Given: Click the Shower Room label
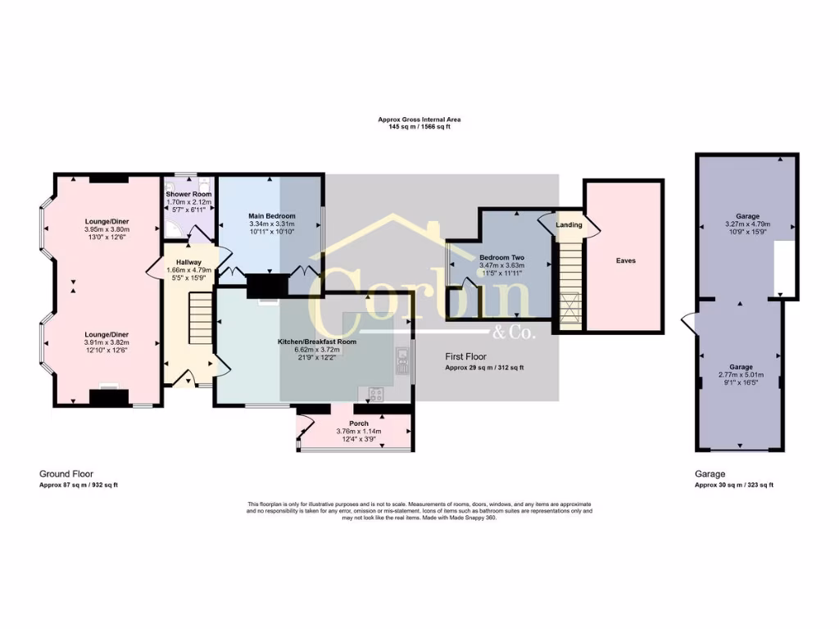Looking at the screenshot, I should coord(188,194).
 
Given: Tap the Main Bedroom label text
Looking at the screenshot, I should coord(271,215).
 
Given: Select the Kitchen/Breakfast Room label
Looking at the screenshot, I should coord(316,341).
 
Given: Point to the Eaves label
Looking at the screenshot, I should coord(625,260).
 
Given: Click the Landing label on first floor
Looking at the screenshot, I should coord(569,224).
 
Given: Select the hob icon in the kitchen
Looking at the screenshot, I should coord(377,395).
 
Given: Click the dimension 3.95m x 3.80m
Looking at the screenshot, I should coord(107,230).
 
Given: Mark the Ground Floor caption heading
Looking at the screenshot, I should coord(66,473).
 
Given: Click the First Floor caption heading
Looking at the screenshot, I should coord(465,357).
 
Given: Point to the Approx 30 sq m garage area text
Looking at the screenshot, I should coord(733,485).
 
